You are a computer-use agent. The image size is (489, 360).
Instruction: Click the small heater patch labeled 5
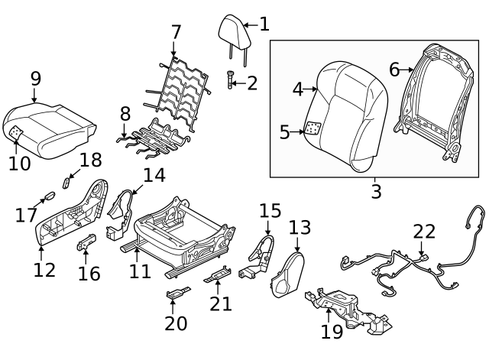pos(312,129)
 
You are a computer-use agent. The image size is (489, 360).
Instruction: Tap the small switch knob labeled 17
pos(49,195)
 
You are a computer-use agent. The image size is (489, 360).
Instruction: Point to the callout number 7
pos(176,32)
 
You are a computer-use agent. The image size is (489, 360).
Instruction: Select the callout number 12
pos(44,269)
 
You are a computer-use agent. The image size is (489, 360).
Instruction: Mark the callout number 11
pos(140,271)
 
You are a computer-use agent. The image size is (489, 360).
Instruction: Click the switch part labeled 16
pos(85,244)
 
